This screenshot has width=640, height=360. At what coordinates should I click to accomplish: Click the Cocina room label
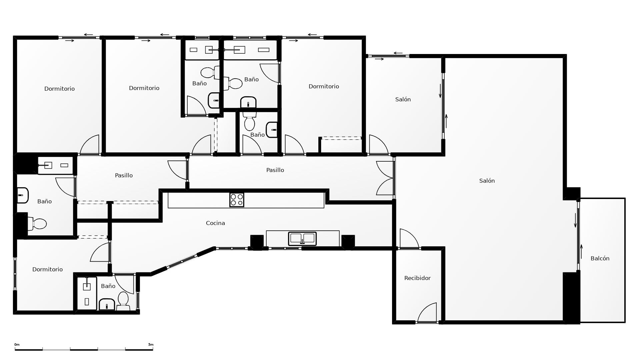click(x=215, y=223)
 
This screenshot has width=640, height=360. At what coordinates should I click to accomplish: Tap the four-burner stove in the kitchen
click(x=237, y=200)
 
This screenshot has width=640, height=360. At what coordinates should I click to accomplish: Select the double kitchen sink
click(x=302, y=238)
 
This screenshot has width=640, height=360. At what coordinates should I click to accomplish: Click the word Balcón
click(x=600, y=258)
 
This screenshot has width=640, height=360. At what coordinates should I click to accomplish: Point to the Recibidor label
click(x=417, y=278)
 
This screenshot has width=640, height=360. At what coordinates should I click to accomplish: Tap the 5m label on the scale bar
click(x=151, y=345)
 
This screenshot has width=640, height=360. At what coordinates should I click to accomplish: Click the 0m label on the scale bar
click(x=17, y=345)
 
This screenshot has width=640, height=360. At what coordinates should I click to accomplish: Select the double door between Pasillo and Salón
click(x=385, y=178)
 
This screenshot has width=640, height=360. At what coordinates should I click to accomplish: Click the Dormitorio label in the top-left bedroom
click(x=59, y=89)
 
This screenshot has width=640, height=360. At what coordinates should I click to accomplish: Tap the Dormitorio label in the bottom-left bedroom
click(x=47, y=269)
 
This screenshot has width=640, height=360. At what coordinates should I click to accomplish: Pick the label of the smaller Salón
click(x=403, y=99)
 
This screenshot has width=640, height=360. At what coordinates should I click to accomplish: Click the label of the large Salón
click(x=487, y=181)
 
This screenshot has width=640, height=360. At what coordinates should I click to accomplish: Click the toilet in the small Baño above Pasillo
click(x=249, y=121)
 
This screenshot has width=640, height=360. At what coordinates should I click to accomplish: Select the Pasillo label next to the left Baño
click(x=124, y=175)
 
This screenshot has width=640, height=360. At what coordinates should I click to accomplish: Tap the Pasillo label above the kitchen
click(x=275, y=170)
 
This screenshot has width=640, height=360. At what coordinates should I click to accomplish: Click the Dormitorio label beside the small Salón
click(x=324, y=86)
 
